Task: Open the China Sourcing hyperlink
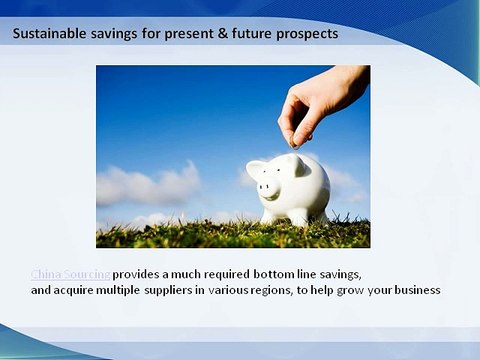tap(70, 274)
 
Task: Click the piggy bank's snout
tap(267, 186)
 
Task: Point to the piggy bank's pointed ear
tap(300, 165)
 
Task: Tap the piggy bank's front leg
tap(271, 214)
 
